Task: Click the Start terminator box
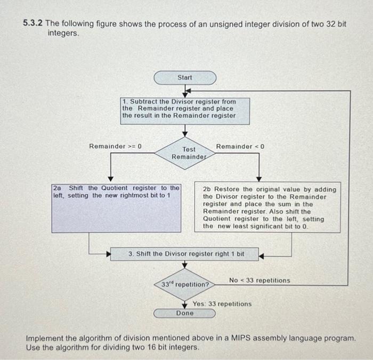coord(185,78)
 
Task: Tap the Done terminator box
coord(185,313)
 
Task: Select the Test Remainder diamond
coord(185,153)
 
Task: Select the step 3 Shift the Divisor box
coord(185,254)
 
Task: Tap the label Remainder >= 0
coord(115,146)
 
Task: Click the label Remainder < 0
coord(240,146)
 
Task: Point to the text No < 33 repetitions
coord(260,281)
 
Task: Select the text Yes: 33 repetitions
coord(222,304)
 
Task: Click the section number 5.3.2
coord(33,23)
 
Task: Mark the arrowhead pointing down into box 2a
coord(110,179)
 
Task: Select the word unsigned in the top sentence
coord(213,23)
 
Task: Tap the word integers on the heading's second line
coord(63,33)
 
